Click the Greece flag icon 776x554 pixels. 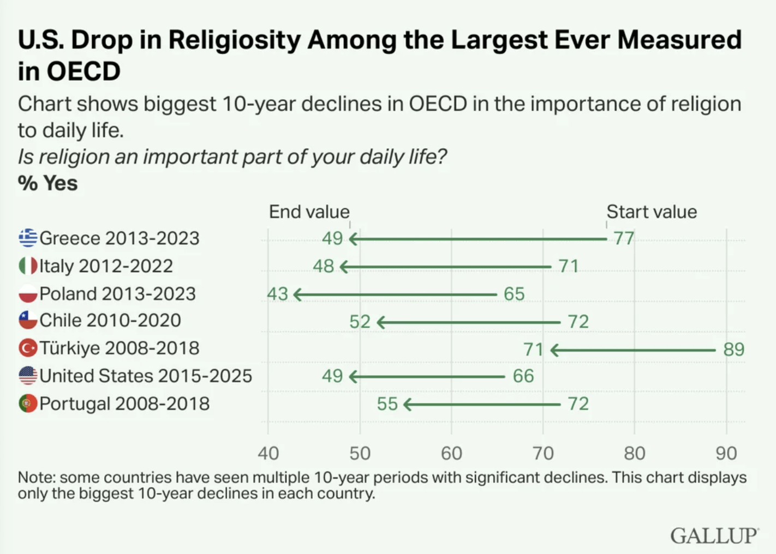tap(28, 238)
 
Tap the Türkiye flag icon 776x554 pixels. tap(28, 348)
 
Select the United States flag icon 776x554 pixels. tap(28, 376)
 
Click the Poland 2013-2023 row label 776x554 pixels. tap(117, 293)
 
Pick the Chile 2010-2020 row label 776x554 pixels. tap(110, 320)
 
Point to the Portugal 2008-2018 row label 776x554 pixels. tap(124, 404)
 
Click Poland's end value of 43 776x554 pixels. tap(277, 294)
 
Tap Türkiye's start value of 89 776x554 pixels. tap(734, 349)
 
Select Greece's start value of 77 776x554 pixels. tap(624, 238)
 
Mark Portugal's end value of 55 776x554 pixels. tap(387, 404)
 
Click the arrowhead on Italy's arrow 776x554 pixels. tap(344, 267)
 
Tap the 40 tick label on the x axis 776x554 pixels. tap(268, 453)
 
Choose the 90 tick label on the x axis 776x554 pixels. tap(726, 453)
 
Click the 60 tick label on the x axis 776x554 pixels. tap(451, 453)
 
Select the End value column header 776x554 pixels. tap(309, 212)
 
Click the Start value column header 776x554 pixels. tap(652, 212)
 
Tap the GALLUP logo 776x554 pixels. tap(714, 535)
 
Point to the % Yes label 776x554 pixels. tap(48, 183)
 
